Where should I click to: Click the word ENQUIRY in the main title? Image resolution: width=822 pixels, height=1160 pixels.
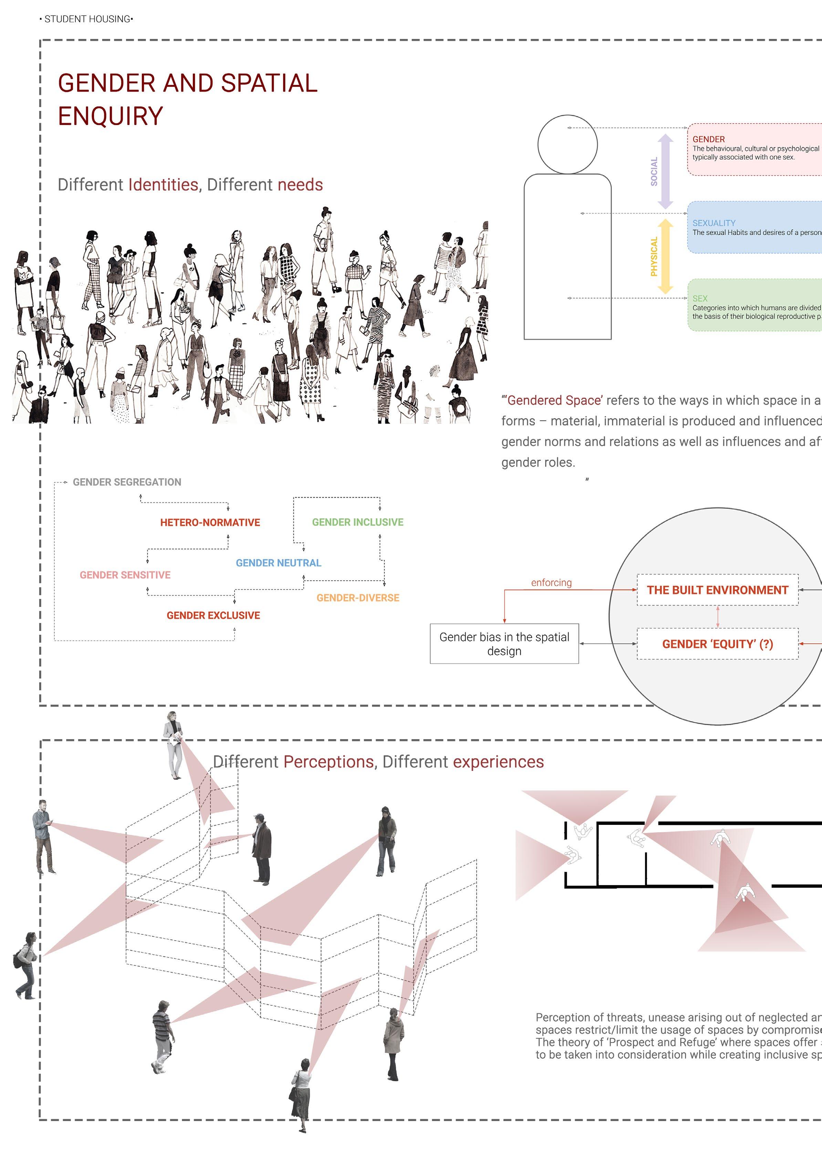coord(110,116)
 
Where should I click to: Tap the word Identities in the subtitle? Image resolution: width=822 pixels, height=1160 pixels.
coord(163,185)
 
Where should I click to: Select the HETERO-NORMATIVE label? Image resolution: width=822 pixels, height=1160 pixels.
coord(210,522)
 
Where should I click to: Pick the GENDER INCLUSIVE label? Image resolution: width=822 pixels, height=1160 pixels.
coord(357,522)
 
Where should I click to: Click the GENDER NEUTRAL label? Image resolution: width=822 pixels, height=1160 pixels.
coord(278,563)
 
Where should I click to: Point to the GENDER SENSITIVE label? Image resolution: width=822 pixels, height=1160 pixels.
coord(125,575)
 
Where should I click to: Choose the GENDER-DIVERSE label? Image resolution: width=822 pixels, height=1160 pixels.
coord(358,598)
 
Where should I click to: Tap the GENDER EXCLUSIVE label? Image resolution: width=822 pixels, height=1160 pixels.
coord(213,615)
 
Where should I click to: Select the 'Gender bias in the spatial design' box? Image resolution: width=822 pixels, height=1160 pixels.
coord(504,643)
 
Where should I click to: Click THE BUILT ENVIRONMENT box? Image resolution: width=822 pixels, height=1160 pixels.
coord(717,590)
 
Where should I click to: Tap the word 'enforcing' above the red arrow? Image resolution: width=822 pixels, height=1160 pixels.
coord(551,582)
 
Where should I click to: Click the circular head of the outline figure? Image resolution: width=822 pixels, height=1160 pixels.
coord(568,145)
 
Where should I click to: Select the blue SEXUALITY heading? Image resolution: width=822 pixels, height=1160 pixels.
coord(714,223)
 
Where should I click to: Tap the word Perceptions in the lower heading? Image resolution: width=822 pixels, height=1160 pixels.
coord(329,762)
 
